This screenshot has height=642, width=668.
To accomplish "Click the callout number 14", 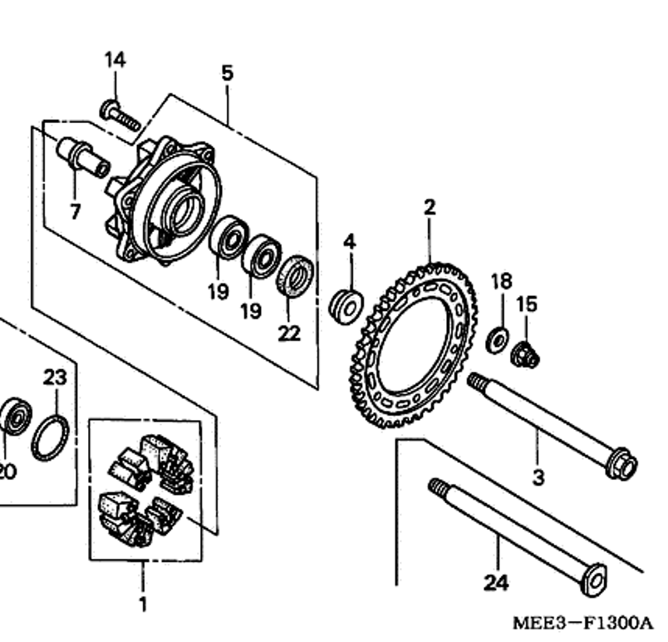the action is click(x=115, y=60).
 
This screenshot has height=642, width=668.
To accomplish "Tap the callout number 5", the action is click(x=228, y=73).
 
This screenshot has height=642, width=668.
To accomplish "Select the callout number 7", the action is click(x=75, y=211).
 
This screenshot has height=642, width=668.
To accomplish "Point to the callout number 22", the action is click(x=289, y=333).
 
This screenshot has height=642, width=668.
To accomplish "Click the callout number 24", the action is click(x=496, y=582).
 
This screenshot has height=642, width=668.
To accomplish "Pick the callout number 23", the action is click(x=55, y=378).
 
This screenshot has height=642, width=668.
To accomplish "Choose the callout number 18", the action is click(x=502, y=281).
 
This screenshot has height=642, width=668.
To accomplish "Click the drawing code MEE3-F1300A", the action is click(x=582, y=623).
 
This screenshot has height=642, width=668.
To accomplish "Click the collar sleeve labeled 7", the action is click(x=83, y=156).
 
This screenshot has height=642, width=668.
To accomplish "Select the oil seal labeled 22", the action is click(x=295, y=274).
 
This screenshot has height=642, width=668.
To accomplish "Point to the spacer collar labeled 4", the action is click(x=346, y=307).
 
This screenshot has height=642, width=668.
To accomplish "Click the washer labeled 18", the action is click(x=497, y=340).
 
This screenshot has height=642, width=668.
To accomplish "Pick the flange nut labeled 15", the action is click(x=525, y=354).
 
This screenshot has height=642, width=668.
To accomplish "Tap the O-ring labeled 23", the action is click(x=51, y=437).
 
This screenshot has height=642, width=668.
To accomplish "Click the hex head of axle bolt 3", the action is click(x=622, y=463).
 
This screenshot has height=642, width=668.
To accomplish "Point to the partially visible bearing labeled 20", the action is click(x=14, y=417).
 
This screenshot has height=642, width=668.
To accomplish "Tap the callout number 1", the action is click(x=143, y=604).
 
